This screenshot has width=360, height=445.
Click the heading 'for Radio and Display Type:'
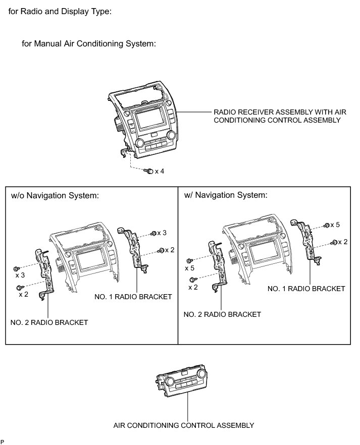click(x=60, y=12)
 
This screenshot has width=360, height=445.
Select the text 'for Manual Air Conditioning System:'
click(x=88, y=44)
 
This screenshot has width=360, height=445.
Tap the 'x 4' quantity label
click(x=160, y=172)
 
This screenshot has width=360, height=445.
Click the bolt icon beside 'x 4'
click(x=148, y=172)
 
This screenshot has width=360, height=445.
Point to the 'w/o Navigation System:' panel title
click(x=55, y=196)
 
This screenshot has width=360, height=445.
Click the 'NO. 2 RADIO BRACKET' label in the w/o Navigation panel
click(x=49, y=322)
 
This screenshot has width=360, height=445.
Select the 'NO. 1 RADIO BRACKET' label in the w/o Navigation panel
click(x=133, y=297)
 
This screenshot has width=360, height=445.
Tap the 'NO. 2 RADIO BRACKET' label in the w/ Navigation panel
click(x=222, y=314)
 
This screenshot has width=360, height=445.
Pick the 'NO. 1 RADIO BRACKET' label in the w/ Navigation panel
click(x=306, y=289)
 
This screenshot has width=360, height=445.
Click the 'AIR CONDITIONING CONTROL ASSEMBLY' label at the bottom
click(x=184, y=425)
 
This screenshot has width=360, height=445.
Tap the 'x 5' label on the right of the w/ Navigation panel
click(x=339, y=225)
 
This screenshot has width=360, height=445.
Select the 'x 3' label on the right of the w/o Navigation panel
click(x=162, y=233)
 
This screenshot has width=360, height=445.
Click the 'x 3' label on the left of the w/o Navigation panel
click(x=20, y=275)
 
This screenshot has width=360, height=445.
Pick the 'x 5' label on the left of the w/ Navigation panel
click(x=189, y=268)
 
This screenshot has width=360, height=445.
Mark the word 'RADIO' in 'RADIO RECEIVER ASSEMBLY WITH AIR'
click(x=225, y=112)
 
